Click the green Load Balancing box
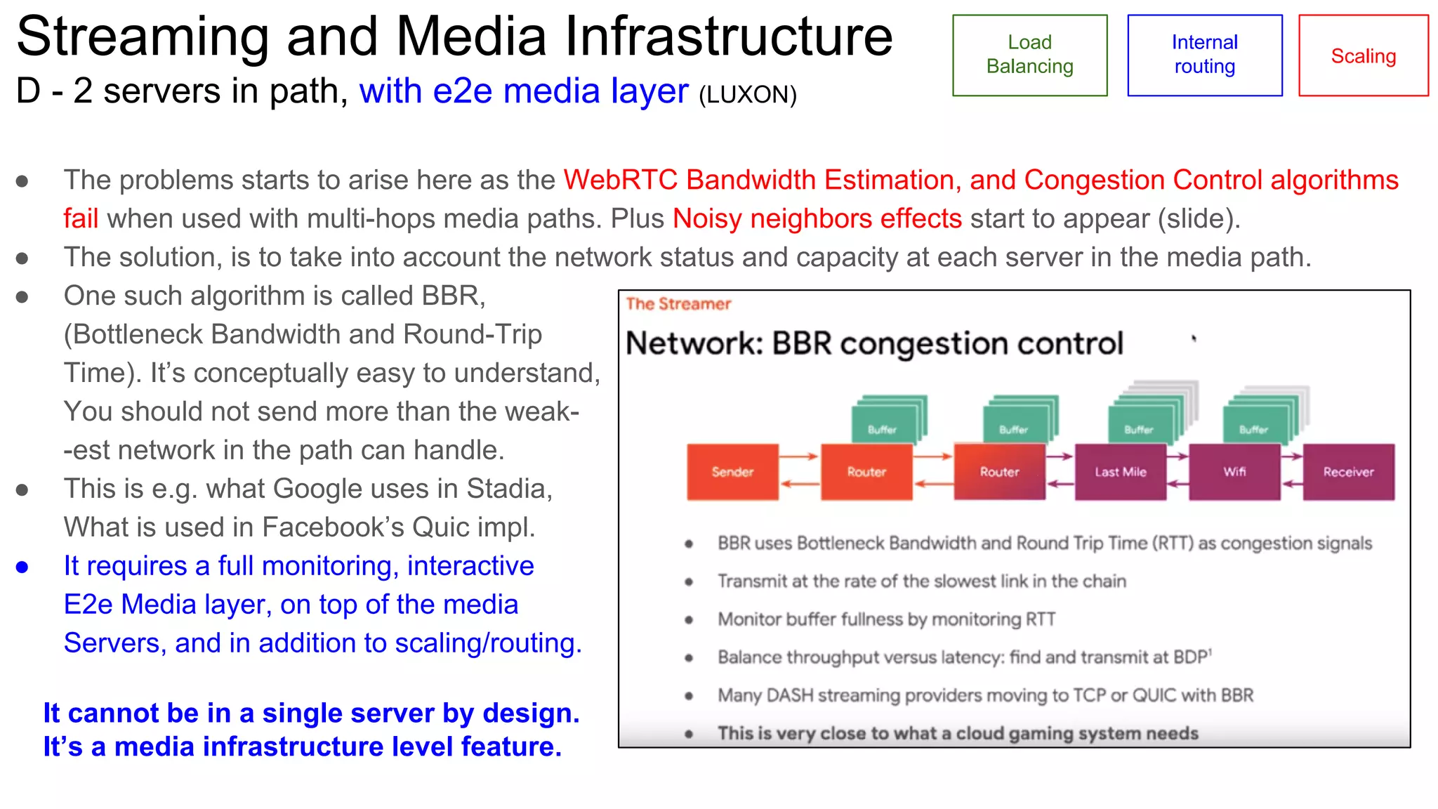tap(1029, 55)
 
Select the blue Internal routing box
tap(1204, 55)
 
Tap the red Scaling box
tap(1363, 55)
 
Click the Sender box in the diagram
tap(732, 472)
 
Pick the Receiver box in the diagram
tap(1348, 472)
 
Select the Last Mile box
tap(1120, 472)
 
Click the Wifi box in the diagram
tap(1234, 472)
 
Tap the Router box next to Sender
tap(866, 472)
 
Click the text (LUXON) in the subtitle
tap(748, 95)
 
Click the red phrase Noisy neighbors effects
tap(817, 219)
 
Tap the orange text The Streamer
tap(678, 304)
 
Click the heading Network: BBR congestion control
tap(874, 344)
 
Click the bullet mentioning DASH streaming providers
tap(985, 695)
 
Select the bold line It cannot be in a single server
tap(311, 713)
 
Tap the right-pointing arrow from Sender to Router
tap(799, 456)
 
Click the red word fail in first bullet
tap(81, 219)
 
